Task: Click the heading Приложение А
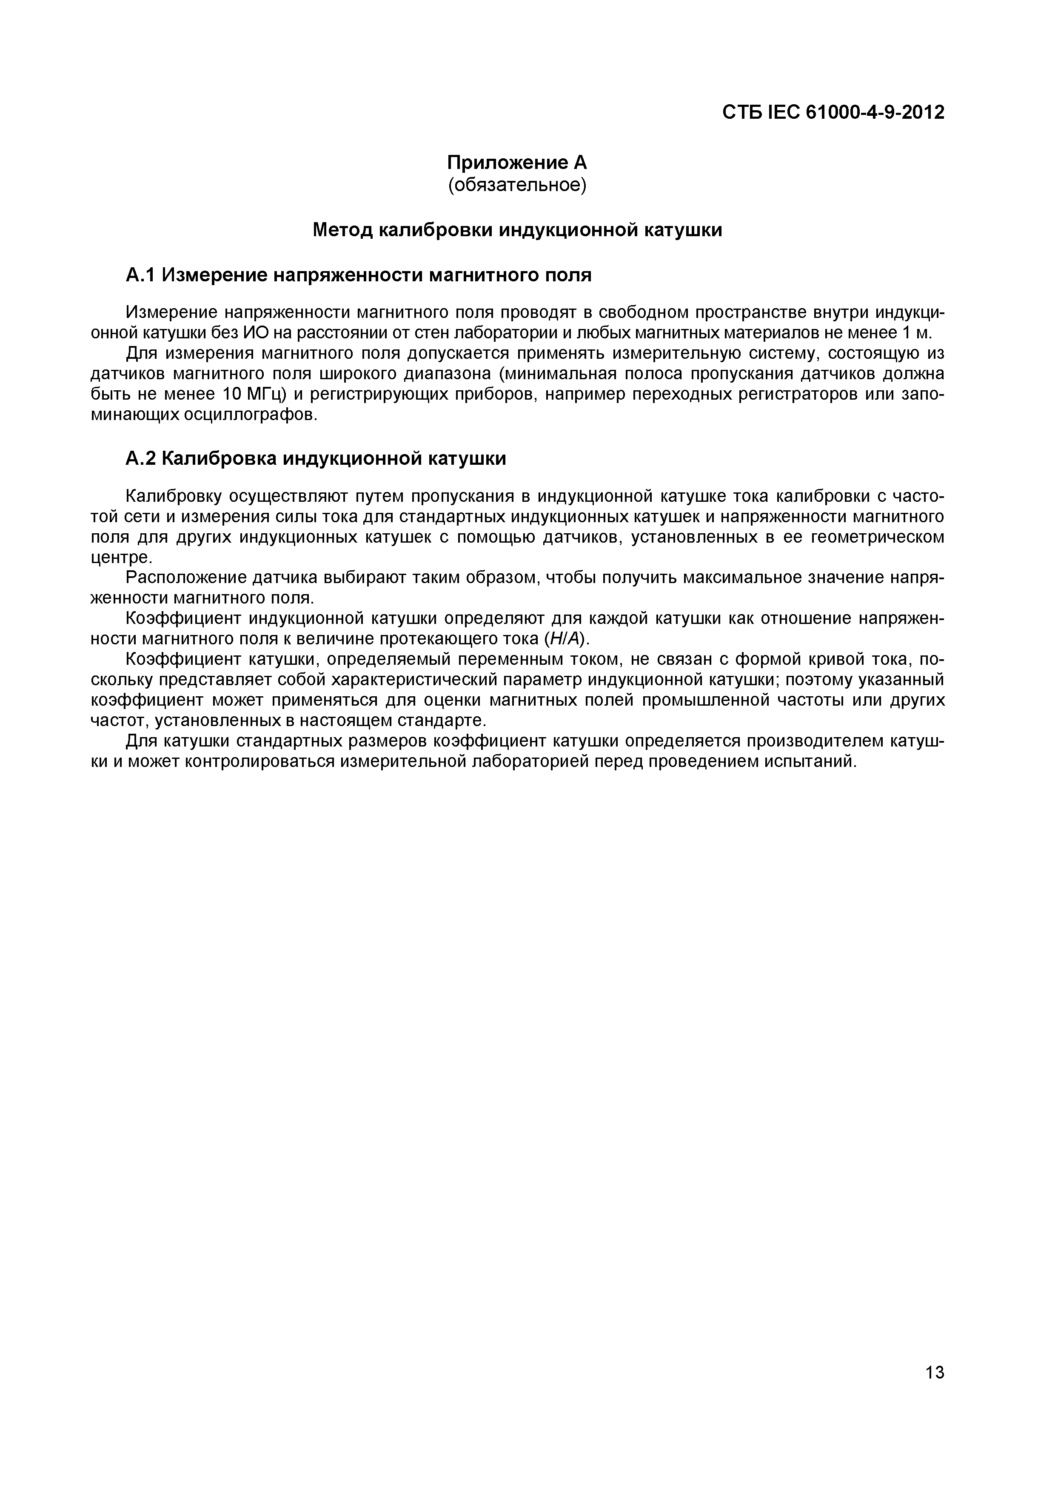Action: click(x=517, y=162)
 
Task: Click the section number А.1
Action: click(x=140, y=276)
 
